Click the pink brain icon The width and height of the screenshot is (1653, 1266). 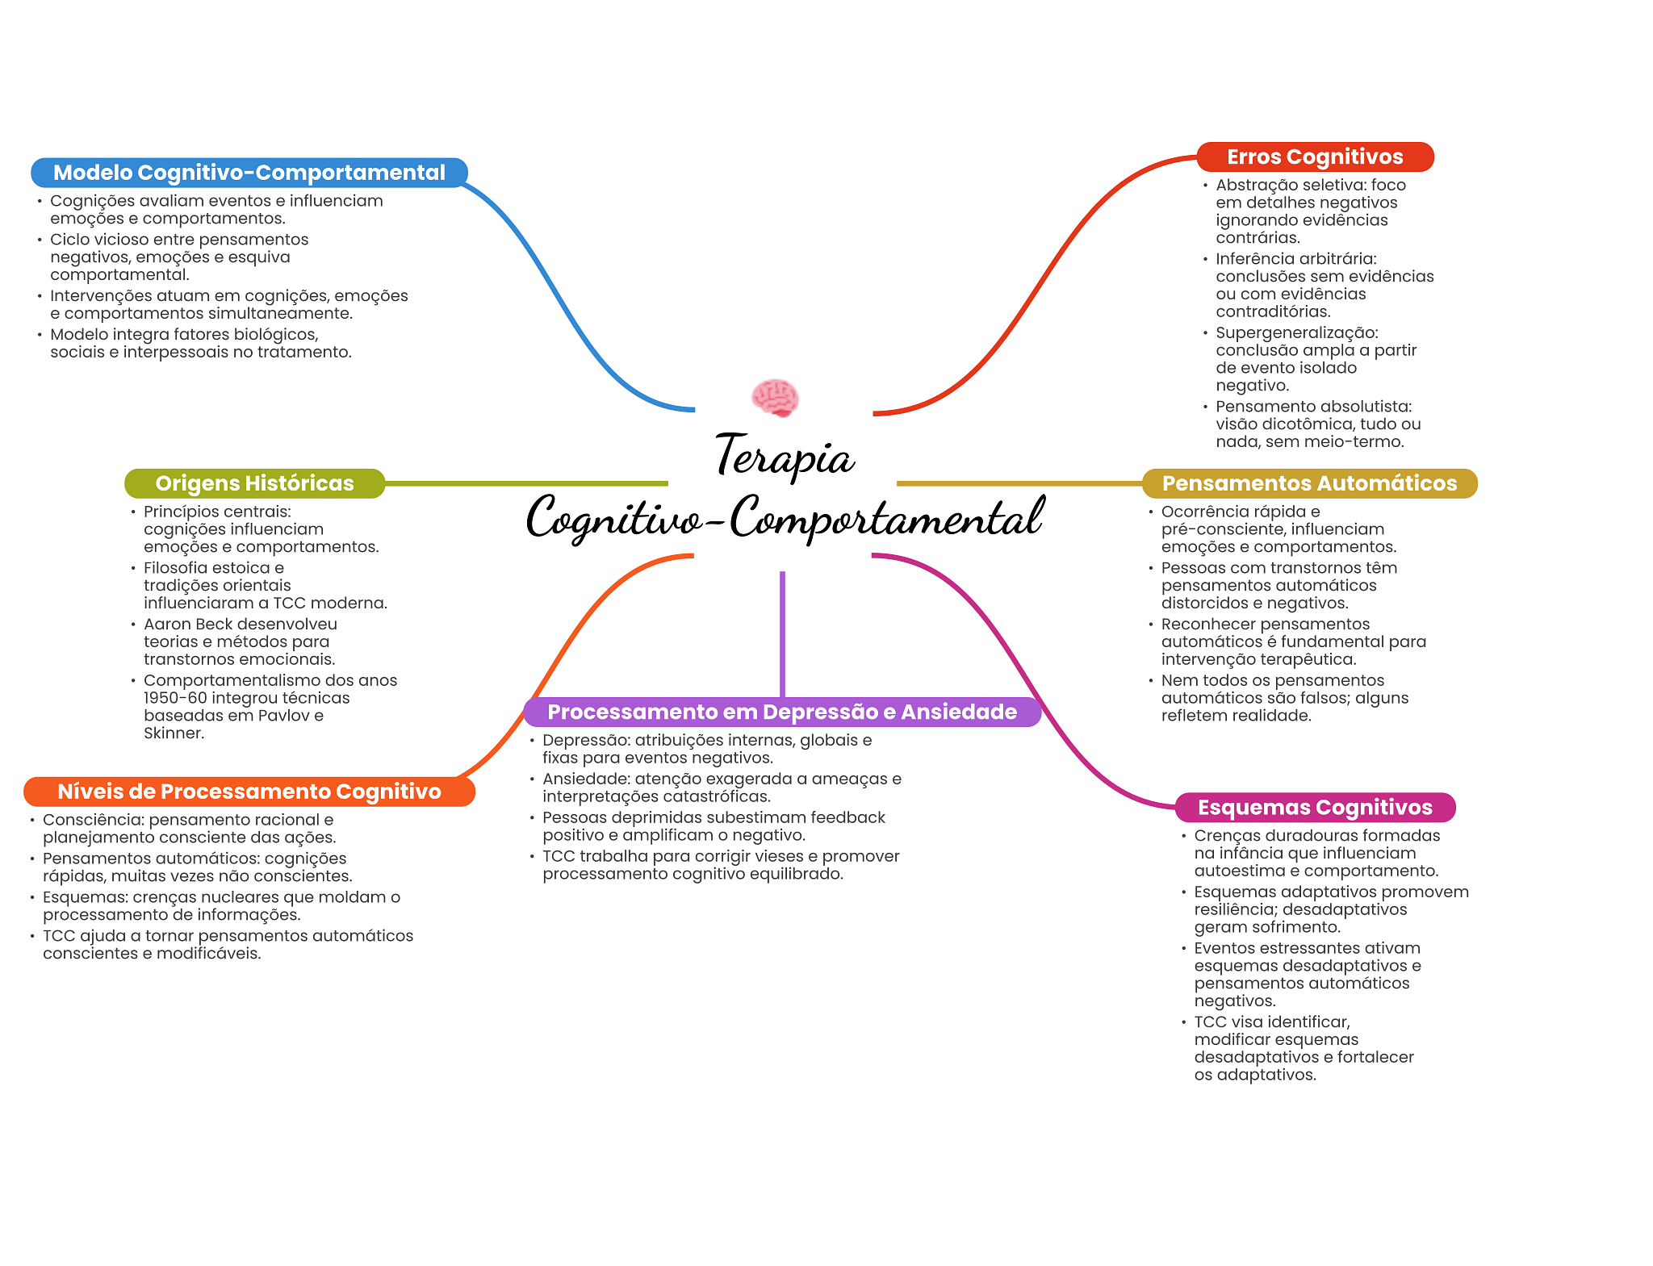pos(775,398)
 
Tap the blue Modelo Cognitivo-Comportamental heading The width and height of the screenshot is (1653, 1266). pos(249,173)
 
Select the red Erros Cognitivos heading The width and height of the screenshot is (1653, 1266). pos(1315,157)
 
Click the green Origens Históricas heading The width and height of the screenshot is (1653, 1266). pos(254,483)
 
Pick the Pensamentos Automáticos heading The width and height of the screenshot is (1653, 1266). pos(1309,483)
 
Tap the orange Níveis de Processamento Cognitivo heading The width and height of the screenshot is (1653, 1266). pos(249,792)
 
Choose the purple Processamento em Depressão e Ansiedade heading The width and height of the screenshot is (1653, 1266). pos(782,712)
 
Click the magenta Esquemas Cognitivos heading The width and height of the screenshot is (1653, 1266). pos(1315,808)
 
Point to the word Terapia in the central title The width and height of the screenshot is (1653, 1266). pos(785,457)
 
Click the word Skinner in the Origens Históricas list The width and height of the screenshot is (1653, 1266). pos(173,733)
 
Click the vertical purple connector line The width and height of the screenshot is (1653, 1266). pos(782,633)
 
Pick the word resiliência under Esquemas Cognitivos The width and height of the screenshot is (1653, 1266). pos(1232,909)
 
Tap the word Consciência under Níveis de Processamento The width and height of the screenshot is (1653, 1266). pos(93,820)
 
